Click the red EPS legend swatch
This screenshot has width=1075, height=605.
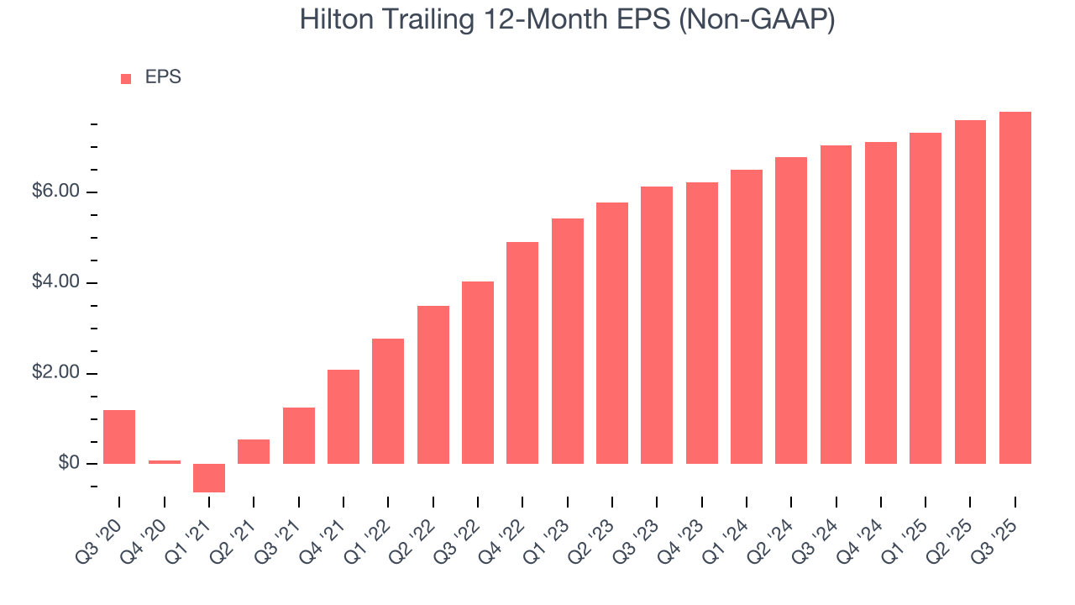126,78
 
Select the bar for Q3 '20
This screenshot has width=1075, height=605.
119,437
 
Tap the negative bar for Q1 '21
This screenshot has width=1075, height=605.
209,477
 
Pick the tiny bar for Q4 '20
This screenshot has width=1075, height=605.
165,461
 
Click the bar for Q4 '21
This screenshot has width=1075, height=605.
343,417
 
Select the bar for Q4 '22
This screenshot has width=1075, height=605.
522,353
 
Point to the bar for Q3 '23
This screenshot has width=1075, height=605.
657,325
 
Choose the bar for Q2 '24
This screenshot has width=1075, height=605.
791,310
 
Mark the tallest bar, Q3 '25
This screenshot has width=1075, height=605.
1015,287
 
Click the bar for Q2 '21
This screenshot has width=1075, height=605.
254,451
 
